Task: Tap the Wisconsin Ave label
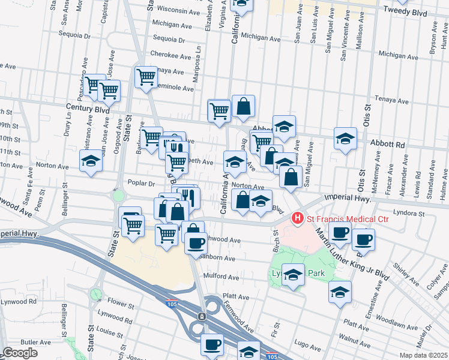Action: [178, 10]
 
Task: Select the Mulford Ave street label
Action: [221, 277]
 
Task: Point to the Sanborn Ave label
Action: [220, 258]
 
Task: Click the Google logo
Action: [20, 353]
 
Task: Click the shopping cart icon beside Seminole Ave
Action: [146, 77]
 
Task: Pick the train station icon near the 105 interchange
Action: [202, 316]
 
